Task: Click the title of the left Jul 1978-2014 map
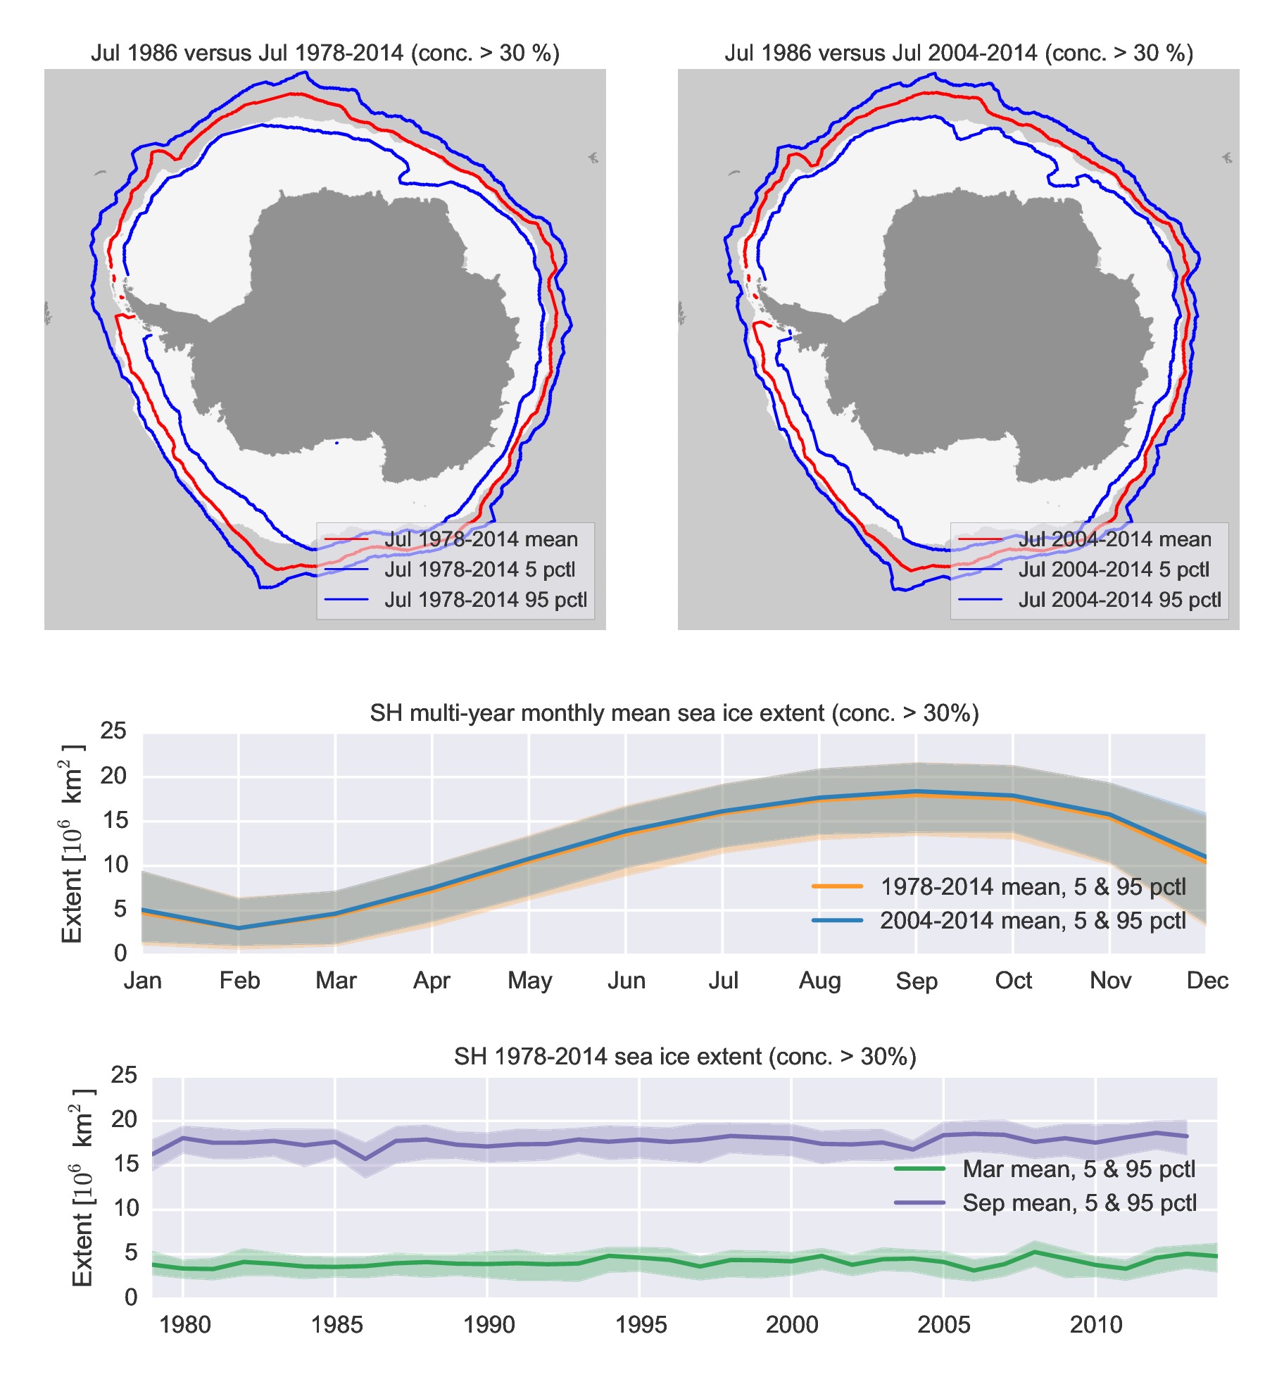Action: (325, 54)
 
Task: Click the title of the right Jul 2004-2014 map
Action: (958, 54)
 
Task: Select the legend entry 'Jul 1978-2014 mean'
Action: (481, 539)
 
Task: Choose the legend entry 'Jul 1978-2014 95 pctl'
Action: (485, 600)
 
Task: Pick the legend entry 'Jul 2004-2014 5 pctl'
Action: (1113, 570)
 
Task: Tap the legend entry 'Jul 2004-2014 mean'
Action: (1114, 539)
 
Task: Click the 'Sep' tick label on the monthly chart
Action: (916, 981)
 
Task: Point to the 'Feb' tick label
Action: (239, 981)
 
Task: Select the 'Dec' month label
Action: (1207, 981)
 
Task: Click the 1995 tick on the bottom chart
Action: (640, 1325)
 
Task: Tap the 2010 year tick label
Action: (1095, 1325)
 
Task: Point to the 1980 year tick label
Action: (184, 1325)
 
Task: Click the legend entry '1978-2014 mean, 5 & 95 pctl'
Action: (1033, 887)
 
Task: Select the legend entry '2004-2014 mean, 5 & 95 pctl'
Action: (1033, 921)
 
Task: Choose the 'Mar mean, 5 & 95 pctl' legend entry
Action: (1078, 1169)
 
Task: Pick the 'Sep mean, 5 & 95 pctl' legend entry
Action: (1079, 1203)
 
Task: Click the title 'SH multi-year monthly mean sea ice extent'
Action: (674, 713)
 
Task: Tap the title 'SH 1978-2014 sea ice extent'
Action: (684, 1057)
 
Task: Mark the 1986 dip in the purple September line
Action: (365, 1159)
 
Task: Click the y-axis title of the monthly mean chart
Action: (73, 843)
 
